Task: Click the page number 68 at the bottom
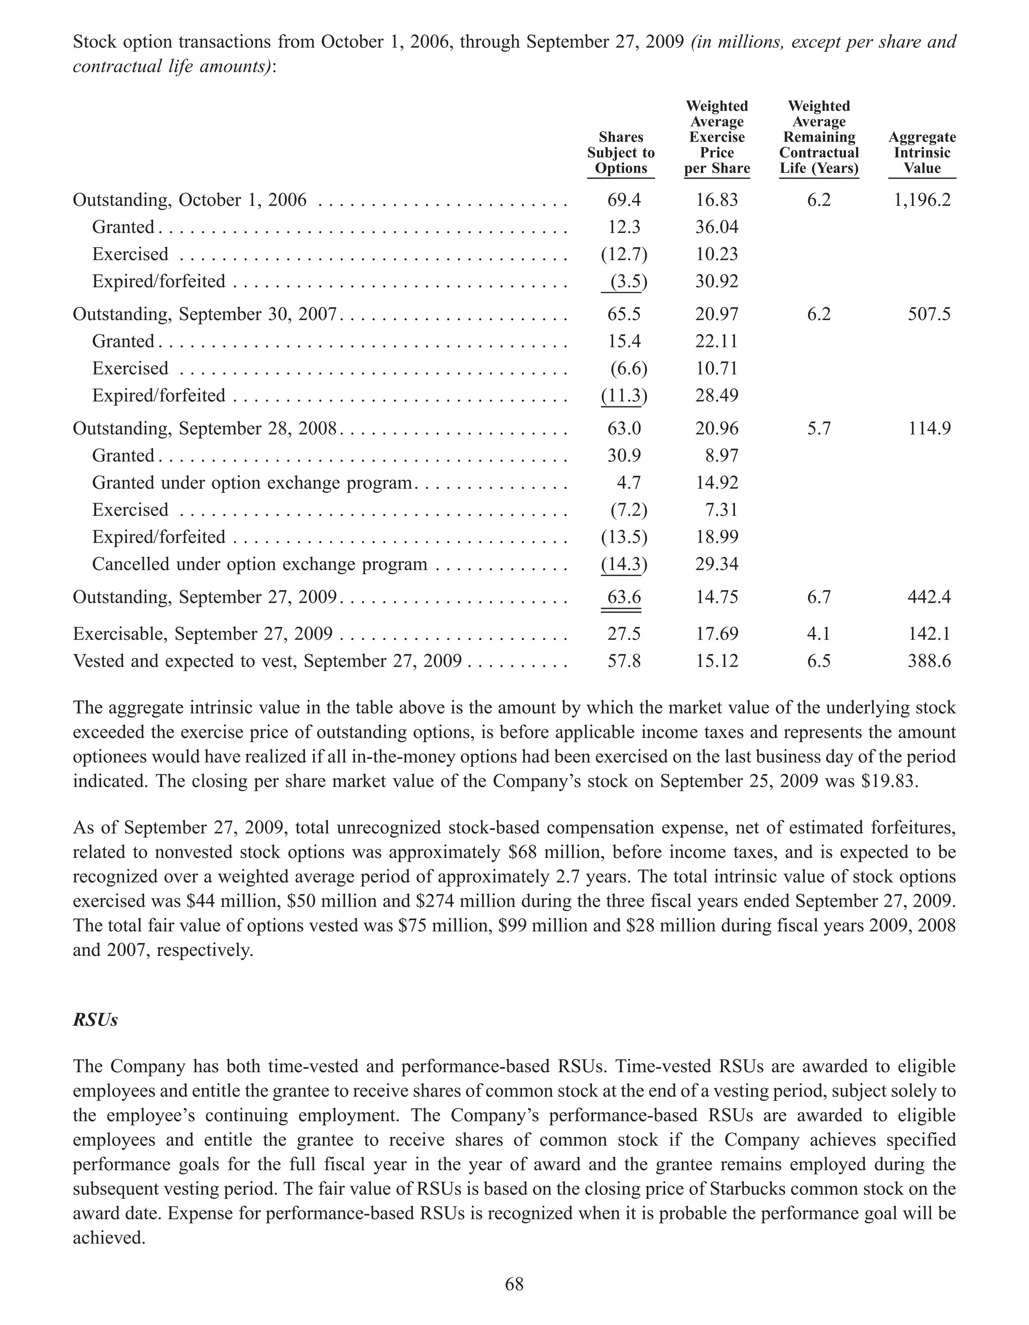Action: tap(514, 1284)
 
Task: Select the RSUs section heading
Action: tap(95, 1020)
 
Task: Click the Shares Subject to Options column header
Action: tap(621, 153)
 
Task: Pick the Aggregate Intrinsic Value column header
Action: tap(921, 153)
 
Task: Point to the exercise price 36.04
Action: tap(716, 227)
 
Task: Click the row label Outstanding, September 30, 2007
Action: tap(204, 314)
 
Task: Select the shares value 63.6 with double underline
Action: tap(624, 597)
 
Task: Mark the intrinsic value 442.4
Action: tap(929, 597)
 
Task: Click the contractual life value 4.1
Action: tap(818, 634)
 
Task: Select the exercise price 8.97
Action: tap(722, 456)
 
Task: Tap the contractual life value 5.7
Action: tap(818, 429)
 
